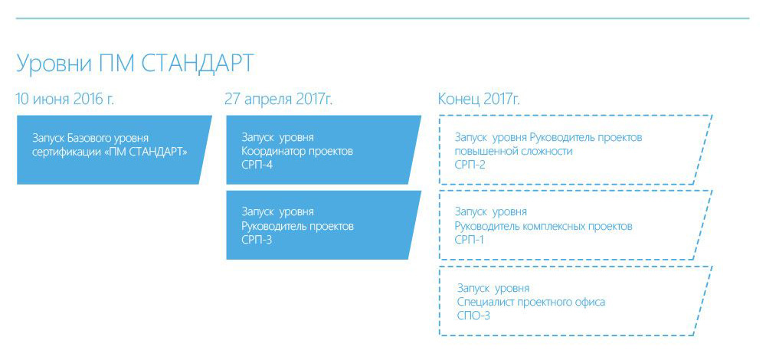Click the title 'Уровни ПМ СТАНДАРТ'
pos(135,63)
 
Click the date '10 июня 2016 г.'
pos(65,99)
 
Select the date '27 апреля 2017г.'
pos(279,99)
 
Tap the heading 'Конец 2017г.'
pos(479,99)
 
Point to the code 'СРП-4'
pos(257,165)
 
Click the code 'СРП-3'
pos(257,240)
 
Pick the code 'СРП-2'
pos(470,165)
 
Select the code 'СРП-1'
pos(470,240)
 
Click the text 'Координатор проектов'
pos(297,152)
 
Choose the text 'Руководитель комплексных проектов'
pos(543,227)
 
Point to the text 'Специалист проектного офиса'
pos(531,302)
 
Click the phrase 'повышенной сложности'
pos(513,152)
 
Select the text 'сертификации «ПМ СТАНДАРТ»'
pos(110,152)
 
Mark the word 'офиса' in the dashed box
pos(591,302)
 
